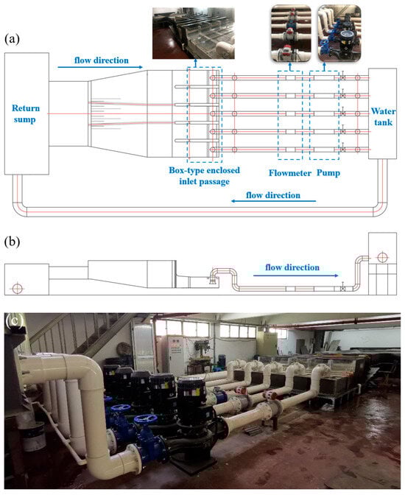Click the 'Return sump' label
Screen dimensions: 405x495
pyautogui.click(x=26, y=113)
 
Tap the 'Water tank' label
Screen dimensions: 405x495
pyautogui.click(x=383, y=116)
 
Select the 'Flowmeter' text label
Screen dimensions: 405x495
pyautogui.click(x=290, y=173)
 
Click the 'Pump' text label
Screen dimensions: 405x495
pyautogui.click(x=328, y=173)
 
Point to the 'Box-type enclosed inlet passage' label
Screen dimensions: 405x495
pyautogui.click(x=204, y=176)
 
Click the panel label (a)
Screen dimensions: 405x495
pyautogui.click(x=12, y=39)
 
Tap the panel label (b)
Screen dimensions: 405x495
pyautogui.click(x=12, y=242)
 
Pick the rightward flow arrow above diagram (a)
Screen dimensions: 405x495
pyautogui.click(x=100, y=67)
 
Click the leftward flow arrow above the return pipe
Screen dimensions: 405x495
pyautogui.click(x=273, y=201)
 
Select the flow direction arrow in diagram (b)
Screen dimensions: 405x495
pyautogui.click(x=296, y=275)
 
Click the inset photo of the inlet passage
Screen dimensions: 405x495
pyautogui.click(x=194, y=33)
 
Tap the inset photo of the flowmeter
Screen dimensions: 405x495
pyautogui.click(x=291, y=33)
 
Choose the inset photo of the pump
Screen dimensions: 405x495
pyautogui.click(x=339, y=33)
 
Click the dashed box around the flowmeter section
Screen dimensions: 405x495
pyautogui.click(x=278, y=115)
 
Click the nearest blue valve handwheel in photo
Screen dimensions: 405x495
pyautogui.click(x=146, y=419)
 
